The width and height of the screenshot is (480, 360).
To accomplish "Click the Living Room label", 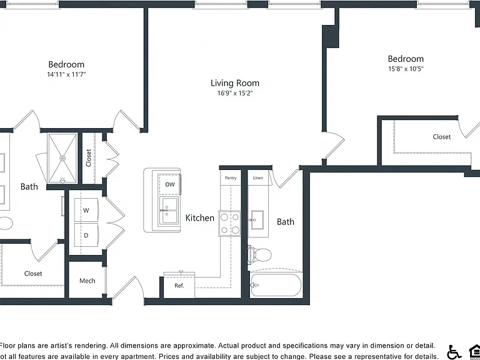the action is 235,83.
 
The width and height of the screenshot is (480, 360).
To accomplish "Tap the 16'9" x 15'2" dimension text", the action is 235,93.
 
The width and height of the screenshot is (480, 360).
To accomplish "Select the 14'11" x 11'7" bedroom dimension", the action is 66,74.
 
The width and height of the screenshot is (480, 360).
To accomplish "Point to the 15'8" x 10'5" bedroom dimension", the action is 406,69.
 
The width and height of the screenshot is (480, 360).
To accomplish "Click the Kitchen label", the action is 199,218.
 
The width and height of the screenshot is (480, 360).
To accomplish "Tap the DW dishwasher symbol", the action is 169,184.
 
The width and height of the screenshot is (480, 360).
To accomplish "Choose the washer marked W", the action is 86,210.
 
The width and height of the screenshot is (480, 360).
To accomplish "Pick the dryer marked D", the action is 86,235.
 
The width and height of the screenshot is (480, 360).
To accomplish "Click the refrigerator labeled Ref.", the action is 179,285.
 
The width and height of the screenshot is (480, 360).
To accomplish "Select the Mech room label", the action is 87,281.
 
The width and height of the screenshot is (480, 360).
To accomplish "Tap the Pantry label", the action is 231,178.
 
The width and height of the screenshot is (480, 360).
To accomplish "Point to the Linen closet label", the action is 257,178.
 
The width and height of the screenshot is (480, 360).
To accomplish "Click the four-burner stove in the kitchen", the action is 229,223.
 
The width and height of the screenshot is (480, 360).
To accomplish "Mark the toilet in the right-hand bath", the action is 259,254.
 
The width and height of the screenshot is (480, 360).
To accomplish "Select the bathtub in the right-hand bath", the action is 276,285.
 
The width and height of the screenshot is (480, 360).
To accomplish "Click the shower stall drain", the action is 62,158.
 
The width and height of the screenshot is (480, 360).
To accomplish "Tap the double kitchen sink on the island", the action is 169,210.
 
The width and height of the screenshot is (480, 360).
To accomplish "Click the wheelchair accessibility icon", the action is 454,352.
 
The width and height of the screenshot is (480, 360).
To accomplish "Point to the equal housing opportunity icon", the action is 474,352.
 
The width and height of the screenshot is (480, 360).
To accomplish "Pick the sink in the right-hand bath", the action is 256,220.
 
